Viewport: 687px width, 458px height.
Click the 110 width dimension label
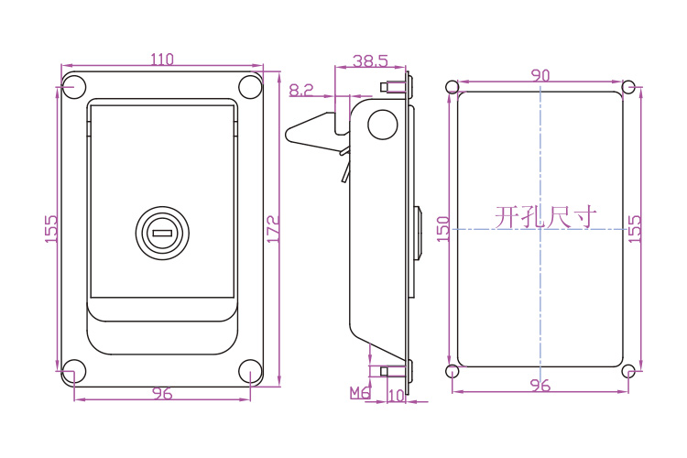(162, 60)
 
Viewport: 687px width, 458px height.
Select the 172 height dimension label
(273, 229)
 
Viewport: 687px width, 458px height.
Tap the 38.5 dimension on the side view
(370, 61)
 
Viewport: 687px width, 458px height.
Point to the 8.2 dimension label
(301, 91)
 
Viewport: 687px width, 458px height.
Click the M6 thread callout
(360, 393)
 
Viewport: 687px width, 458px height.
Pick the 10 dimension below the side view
(396, 396)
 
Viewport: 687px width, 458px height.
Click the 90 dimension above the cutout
(540, 75)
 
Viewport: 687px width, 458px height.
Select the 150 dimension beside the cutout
(443, 228)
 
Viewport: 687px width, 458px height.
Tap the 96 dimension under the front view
(162, 393)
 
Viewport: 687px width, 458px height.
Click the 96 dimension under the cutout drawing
(540, 386)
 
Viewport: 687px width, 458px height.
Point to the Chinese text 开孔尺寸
(546, 217)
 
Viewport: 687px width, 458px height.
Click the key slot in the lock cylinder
(162, 234)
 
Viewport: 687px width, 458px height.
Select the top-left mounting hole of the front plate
(73, 86)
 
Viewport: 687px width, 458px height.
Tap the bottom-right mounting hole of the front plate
(250, 371)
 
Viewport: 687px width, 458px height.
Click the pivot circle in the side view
(383, 125)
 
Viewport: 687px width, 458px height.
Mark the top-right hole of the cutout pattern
(628, 87)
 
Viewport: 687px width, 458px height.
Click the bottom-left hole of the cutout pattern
(453, 371)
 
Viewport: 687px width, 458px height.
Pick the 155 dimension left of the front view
(50, 228)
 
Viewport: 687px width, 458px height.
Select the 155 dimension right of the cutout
(634, 228)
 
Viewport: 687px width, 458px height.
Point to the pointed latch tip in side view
(287, 134)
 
